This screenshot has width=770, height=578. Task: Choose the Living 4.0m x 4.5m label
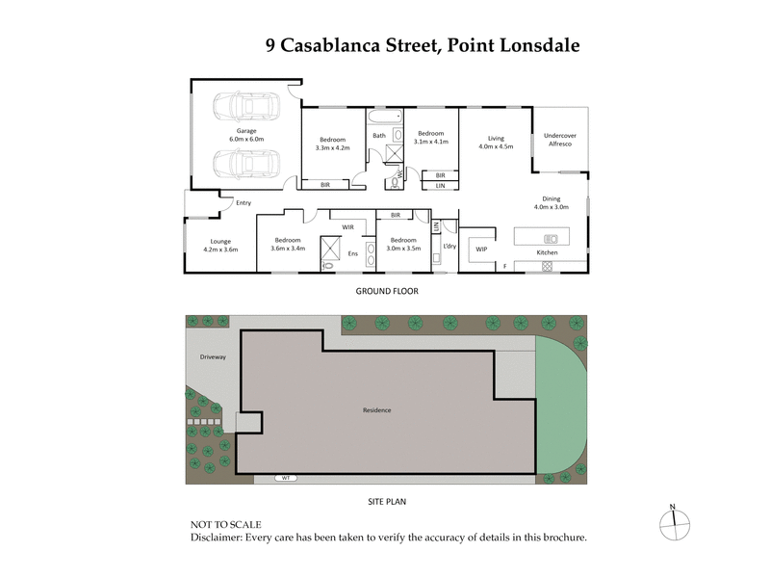(496, 143)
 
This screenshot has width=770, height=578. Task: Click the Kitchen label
(547, 252)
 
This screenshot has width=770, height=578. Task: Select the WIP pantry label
(481, 250)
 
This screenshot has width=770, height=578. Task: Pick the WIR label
(348, 227)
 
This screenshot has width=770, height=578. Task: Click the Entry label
(243, 202)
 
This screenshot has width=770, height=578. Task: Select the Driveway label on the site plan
(213, 357)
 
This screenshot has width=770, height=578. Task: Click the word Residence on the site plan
(376, 410)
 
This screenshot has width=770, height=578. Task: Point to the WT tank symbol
(285, 478)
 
